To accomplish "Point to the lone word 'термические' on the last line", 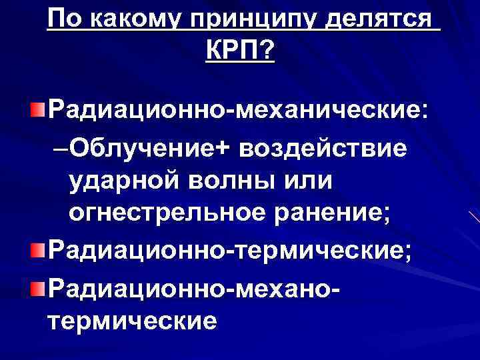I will (132, 321).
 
